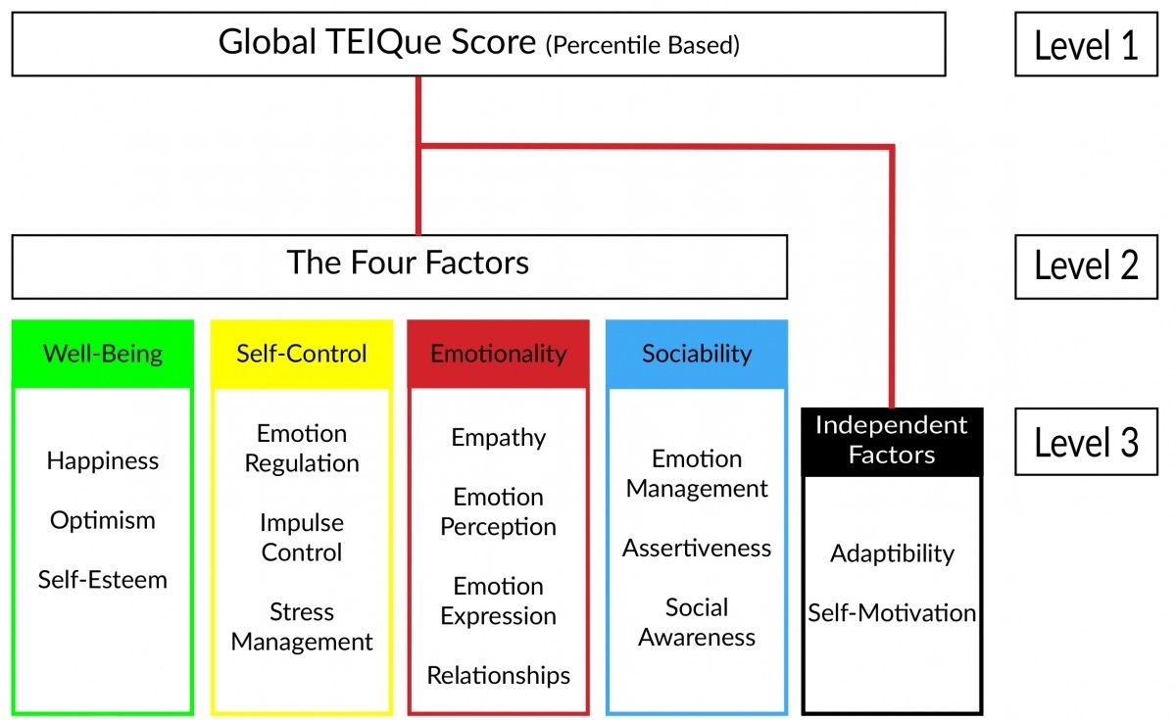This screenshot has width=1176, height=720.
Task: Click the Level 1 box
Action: (x=1086, y=44)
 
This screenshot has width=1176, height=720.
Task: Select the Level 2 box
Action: (x=1086, y=265)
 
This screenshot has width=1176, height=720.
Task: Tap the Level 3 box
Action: (x=1086, y=443)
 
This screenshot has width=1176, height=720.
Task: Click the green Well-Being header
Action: (x=103, y=354)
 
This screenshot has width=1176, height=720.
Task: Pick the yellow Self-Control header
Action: (x=302, y=354)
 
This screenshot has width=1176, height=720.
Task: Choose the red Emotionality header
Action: (x=498, y=354)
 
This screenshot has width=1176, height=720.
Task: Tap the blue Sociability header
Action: (x=697, y=354)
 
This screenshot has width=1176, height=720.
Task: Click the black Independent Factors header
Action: (x=891, y=440)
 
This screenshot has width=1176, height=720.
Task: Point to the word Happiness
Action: (x=103, y=460)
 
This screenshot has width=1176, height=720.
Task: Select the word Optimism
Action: (x=103, y=520)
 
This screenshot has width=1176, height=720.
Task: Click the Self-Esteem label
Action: (x=103, y=579)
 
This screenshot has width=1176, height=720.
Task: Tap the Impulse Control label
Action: (x=302, y=537)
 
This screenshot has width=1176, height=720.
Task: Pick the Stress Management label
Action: (x=302, y=627)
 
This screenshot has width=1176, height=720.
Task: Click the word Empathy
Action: (x=498, y=438)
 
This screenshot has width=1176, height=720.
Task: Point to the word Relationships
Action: (x=498, y=675)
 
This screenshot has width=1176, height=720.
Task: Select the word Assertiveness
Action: (x=697, y=548)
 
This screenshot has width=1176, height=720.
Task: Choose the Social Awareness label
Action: (x=697, y=622)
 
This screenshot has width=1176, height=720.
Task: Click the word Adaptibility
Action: (x=892, y=553)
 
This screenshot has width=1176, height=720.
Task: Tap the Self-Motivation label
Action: (x=892, y=613)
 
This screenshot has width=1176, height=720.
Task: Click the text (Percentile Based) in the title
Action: (x=643, y=45)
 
